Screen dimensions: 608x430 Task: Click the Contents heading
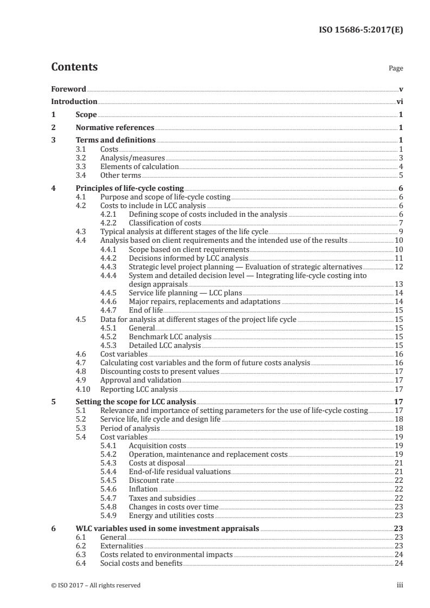[74, 67]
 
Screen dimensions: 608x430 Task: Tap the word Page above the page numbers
[396, 69]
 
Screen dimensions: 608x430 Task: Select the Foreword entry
[68, 89]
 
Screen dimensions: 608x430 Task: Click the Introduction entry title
[74, 101]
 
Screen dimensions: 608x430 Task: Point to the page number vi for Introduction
[399, 101]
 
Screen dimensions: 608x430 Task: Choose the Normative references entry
[115, 128]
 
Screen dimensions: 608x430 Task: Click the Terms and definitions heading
[115, 140]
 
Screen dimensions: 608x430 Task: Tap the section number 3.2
[81, 158]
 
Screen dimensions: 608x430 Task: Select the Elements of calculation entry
[139, 166]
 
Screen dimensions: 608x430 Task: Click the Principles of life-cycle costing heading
[130, 188]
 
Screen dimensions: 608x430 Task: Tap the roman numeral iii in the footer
[400, 585]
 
